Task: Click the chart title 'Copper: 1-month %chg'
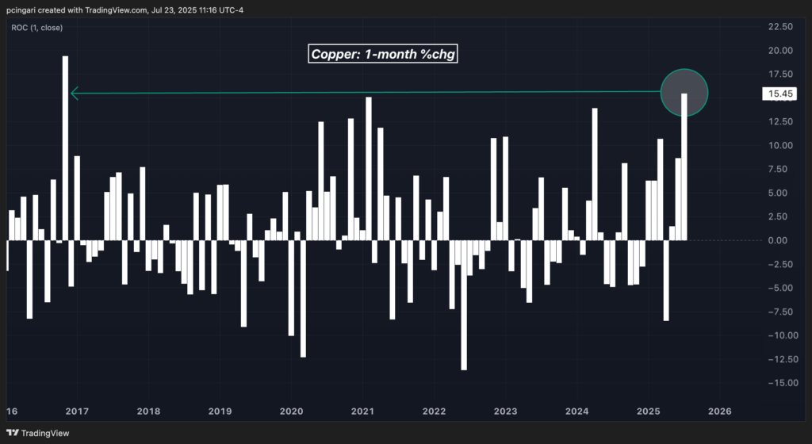383,54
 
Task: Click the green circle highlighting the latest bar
684,92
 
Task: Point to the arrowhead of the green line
75,94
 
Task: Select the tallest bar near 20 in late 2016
65,147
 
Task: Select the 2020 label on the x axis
291,411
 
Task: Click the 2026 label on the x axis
719,411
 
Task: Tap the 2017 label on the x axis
76,411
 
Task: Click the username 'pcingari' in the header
24,10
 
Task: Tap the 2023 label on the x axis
505,411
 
